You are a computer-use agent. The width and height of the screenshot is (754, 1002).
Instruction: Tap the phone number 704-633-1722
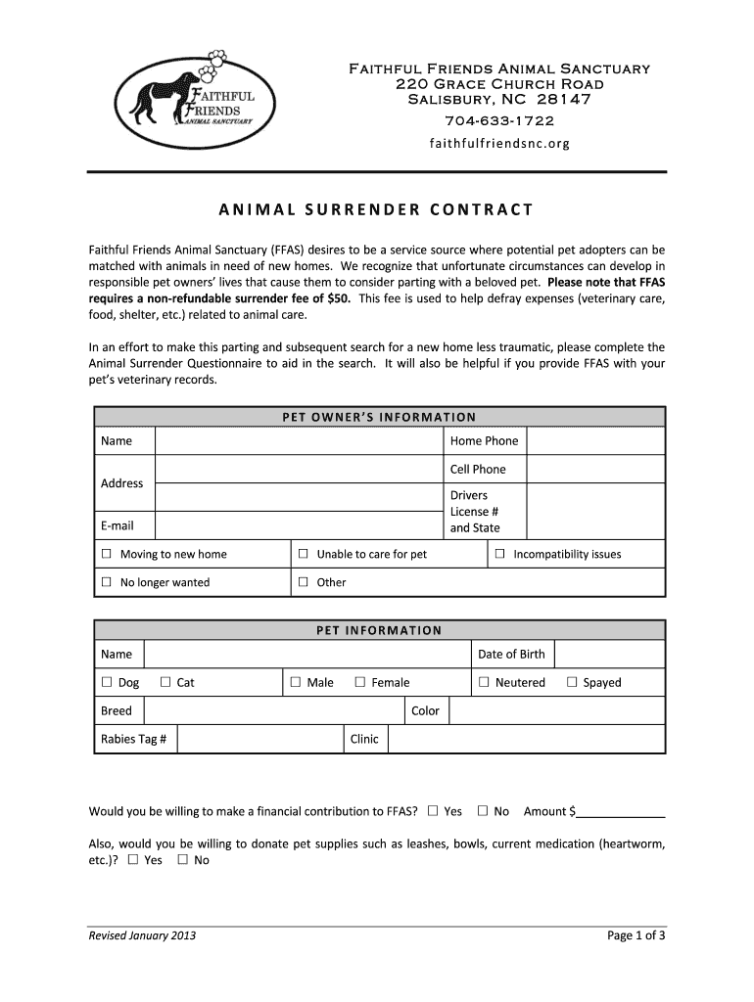click(x=499, y=121)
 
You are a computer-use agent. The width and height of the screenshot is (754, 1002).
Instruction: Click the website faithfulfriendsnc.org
click(x=499, y=144)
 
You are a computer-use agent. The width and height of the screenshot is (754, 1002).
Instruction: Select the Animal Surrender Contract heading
click(x=376, y=209)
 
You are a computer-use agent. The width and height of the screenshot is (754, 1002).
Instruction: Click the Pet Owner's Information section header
click(x=379, y=417)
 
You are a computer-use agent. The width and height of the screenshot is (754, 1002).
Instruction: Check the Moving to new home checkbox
click(x=107, y=555)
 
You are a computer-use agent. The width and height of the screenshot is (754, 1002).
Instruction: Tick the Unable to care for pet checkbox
click(x=304, y=555)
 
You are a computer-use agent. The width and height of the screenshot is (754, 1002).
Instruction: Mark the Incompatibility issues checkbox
click(x=499, y=555)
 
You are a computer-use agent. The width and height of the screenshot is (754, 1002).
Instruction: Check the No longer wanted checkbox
click(x=107, y=583)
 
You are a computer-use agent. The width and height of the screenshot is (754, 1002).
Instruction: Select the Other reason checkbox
click(x=304, y=583)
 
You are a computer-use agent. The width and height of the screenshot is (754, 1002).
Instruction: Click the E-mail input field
click(x=299, y=526)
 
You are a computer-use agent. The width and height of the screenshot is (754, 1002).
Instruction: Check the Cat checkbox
click(x=165, y=683)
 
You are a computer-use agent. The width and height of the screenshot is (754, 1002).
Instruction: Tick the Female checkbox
click(x=360, y=683)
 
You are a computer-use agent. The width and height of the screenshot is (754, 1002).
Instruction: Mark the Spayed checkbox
click(x=572, y=683)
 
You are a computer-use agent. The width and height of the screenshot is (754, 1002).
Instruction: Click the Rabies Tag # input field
click(x=259, y=740)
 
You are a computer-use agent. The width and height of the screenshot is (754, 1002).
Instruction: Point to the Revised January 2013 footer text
click(x=142, y=935)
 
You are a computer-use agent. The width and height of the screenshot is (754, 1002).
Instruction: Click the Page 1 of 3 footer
click(x=636, y=935)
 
